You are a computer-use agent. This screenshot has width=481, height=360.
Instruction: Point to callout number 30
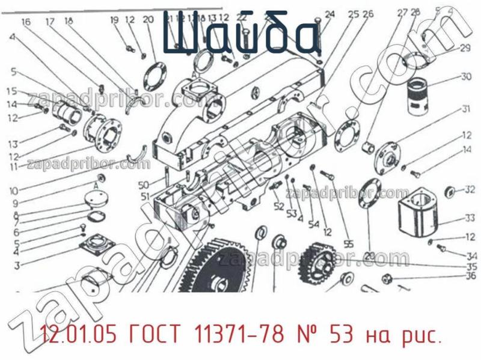[x=466, y=76]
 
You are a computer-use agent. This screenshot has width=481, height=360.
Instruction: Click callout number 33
[x=470, y=218]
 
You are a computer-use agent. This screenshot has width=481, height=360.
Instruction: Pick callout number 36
[x=471, y=276]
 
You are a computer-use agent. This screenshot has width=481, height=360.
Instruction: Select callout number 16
[x=26, y=22]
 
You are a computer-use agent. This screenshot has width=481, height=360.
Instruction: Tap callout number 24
[x=329, y=14]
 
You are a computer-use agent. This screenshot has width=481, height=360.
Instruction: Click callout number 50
[x=143, y=184]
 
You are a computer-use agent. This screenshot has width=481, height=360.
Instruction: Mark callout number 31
[x=466, y=109]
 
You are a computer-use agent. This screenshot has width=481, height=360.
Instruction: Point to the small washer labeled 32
[x=449, y=192]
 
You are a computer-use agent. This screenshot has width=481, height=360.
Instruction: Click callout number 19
[x=114, y=20]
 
